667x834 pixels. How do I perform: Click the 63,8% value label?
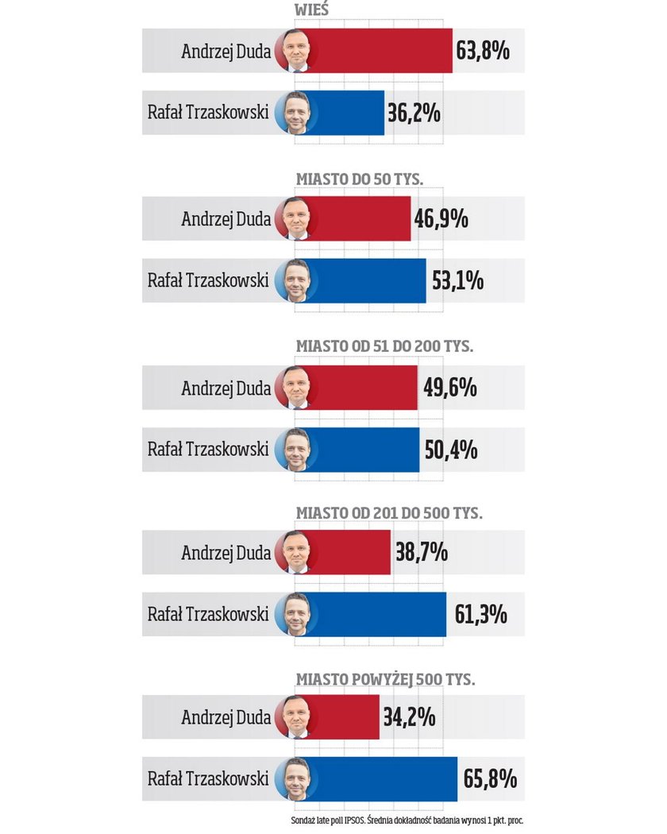(483, 52)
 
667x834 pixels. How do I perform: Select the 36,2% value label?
(414, 113)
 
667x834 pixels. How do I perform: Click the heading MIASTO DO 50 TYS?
(360, 180)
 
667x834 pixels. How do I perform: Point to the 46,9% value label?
(441, 218)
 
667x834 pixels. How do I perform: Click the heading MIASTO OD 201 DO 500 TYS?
(388, 513)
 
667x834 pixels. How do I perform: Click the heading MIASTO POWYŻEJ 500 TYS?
(385, 679)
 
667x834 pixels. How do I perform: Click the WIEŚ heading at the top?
(313, 10)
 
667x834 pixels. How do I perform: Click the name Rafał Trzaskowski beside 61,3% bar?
(208, 614)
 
